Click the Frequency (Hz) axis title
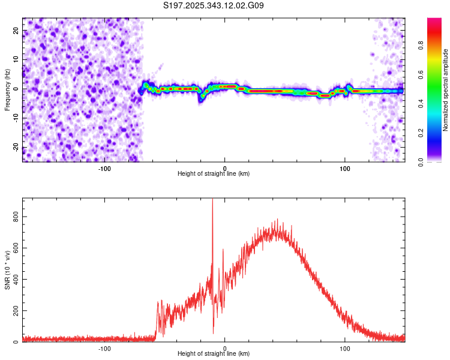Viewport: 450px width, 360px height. point(7,90)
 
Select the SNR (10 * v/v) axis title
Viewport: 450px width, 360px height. point(7,269)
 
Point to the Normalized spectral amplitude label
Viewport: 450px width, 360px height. point(446,90)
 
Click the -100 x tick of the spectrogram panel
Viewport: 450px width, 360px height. point(104,167)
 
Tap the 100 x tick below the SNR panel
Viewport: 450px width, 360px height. point(345,348)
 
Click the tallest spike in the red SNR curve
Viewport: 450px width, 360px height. point(212,200)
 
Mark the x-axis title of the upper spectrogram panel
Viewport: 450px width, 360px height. point(214,174)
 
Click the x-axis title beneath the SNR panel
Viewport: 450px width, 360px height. point(214,354)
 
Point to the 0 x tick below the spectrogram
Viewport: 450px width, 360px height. point(225,167)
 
